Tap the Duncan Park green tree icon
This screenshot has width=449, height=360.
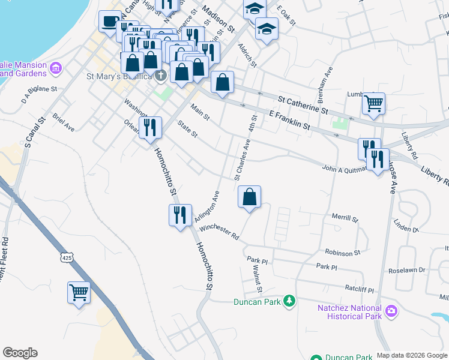289,300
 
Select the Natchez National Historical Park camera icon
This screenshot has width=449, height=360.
391,311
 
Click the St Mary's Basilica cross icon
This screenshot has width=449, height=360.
160,76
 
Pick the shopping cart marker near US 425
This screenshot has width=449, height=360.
79,293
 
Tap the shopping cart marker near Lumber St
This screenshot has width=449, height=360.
373,104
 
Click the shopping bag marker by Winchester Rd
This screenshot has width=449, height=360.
249,196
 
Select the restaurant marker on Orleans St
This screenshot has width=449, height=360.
150,127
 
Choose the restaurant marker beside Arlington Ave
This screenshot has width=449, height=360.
180,215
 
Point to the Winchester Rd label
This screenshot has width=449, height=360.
220,232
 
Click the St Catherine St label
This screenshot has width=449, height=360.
304,105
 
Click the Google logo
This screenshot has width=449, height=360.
20,353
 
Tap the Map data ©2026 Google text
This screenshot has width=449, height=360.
411,355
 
